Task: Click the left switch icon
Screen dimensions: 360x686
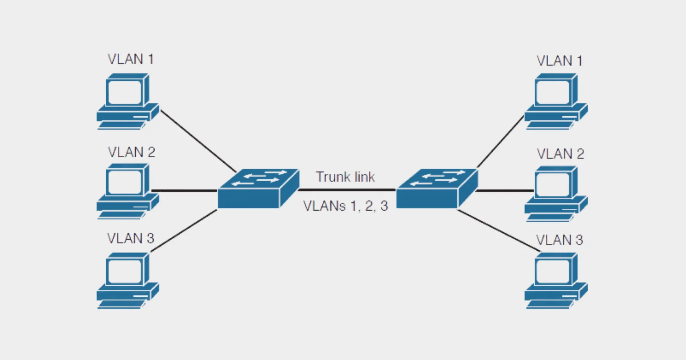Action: [x=258, y=189]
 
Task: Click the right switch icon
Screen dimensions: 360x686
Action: [x=436, y=189]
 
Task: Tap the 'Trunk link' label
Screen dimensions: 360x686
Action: [x=345, y=177]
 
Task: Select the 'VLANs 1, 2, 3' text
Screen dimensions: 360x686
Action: [x=346, y=206]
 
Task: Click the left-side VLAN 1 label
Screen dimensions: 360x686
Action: [x=131, y=59]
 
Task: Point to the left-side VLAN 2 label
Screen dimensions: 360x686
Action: [x=131, y=152]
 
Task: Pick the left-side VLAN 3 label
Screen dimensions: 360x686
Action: [x=131, y=238]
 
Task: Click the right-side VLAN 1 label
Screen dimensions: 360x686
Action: [x=559, y=61]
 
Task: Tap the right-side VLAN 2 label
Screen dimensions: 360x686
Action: [x=560, y=154]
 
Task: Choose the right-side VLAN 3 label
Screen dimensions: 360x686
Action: [x=559, y=240]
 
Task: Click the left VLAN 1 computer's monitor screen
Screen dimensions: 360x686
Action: [x=125, y=93]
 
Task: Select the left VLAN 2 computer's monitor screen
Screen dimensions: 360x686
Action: [x=125, y=182]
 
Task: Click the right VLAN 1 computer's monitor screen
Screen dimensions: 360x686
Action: [x=553, y=93]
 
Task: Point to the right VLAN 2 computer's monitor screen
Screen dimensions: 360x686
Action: [x=553, y=185]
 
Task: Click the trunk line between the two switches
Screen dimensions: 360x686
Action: [x=347, y=189]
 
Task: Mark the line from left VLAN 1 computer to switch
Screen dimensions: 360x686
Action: [x=198, y=141]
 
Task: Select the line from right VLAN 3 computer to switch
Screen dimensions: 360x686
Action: [x=499, y=231]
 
